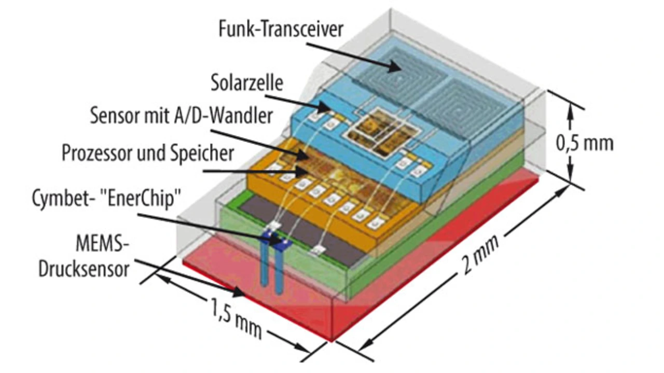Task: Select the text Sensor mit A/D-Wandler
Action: pos(181,115)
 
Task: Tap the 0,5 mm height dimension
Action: pos(584,142)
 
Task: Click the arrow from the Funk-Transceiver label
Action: pos(353,54)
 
